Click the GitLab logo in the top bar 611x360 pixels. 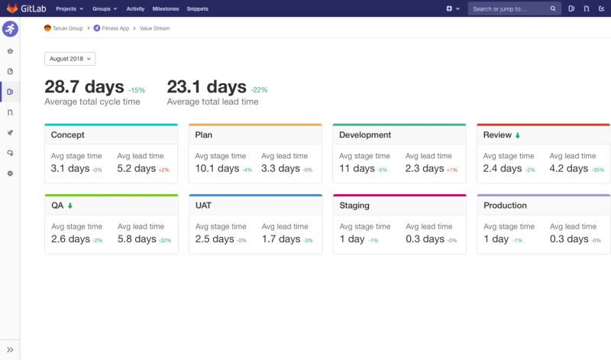pyautogui.click(x=12, y=8)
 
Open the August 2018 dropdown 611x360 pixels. pyautogui.click(x=70, y=59)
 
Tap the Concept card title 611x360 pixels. pyautogui.click(x=68, y=135)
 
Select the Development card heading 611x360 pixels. pyautogui.click(x=365, y=135)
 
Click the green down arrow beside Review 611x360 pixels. pyautogui.click(x=517, y=136)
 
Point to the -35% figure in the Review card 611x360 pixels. pyautogui.click(x=597, y=170)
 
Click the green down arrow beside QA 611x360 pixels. pyautogui.click(x=70, y=206)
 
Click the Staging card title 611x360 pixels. pyautogui.click(x=356, y=206)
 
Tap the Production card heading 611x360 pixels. pyautogui.click(x=505, y=206)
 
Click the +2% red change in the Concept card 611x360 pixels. pyautogui.click(x=164, y=170)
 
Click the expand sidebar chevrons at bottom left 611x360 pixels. pyautogui.click(x=10, y=350)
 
